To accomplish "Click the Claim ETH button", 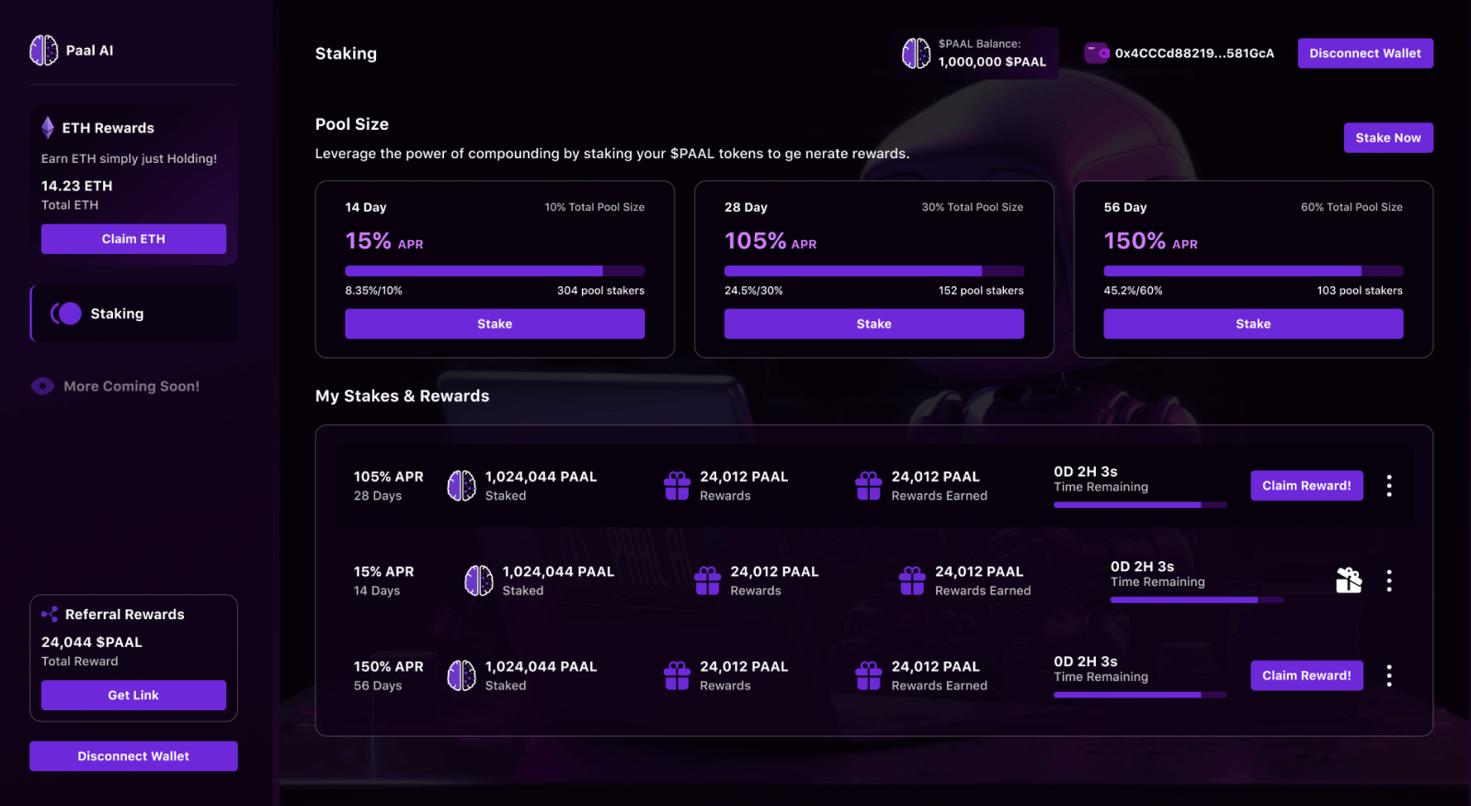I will point(133,239).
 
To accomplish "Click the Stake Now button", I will point(1387,138).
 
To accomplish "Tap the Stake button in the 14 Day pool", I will point(495,324).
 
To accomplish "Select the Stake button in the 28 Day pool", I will point(873,324).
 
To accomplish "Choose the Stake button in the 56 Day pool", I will point(1252,324).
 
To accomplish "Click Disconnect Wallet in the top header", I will point(1364,53).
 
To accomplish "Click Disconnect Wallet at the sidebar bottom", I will point(133,756).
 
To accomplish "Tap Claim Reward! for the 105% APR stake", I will point(1306,486).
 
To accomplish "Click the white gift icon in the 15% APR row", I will point(1349,581).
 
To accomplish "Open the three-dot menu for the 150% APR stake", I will point(1388,676).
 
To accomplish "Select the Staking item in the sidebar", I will point(117,314).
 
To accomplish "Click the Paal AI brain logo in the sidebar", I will point(44,51).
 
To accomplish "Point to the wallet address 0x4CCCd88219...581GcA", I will point(1193,53).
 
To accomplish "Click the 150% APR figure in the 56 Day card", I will point(1135,241).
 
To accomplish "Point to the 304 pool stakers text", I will point(600,291).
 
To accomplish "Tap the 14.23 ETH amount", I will point(77,186).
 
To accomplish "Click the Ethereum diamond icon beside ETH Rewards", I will point(48,127).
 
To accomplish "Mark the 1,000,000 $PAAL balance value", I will point(992,62).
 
